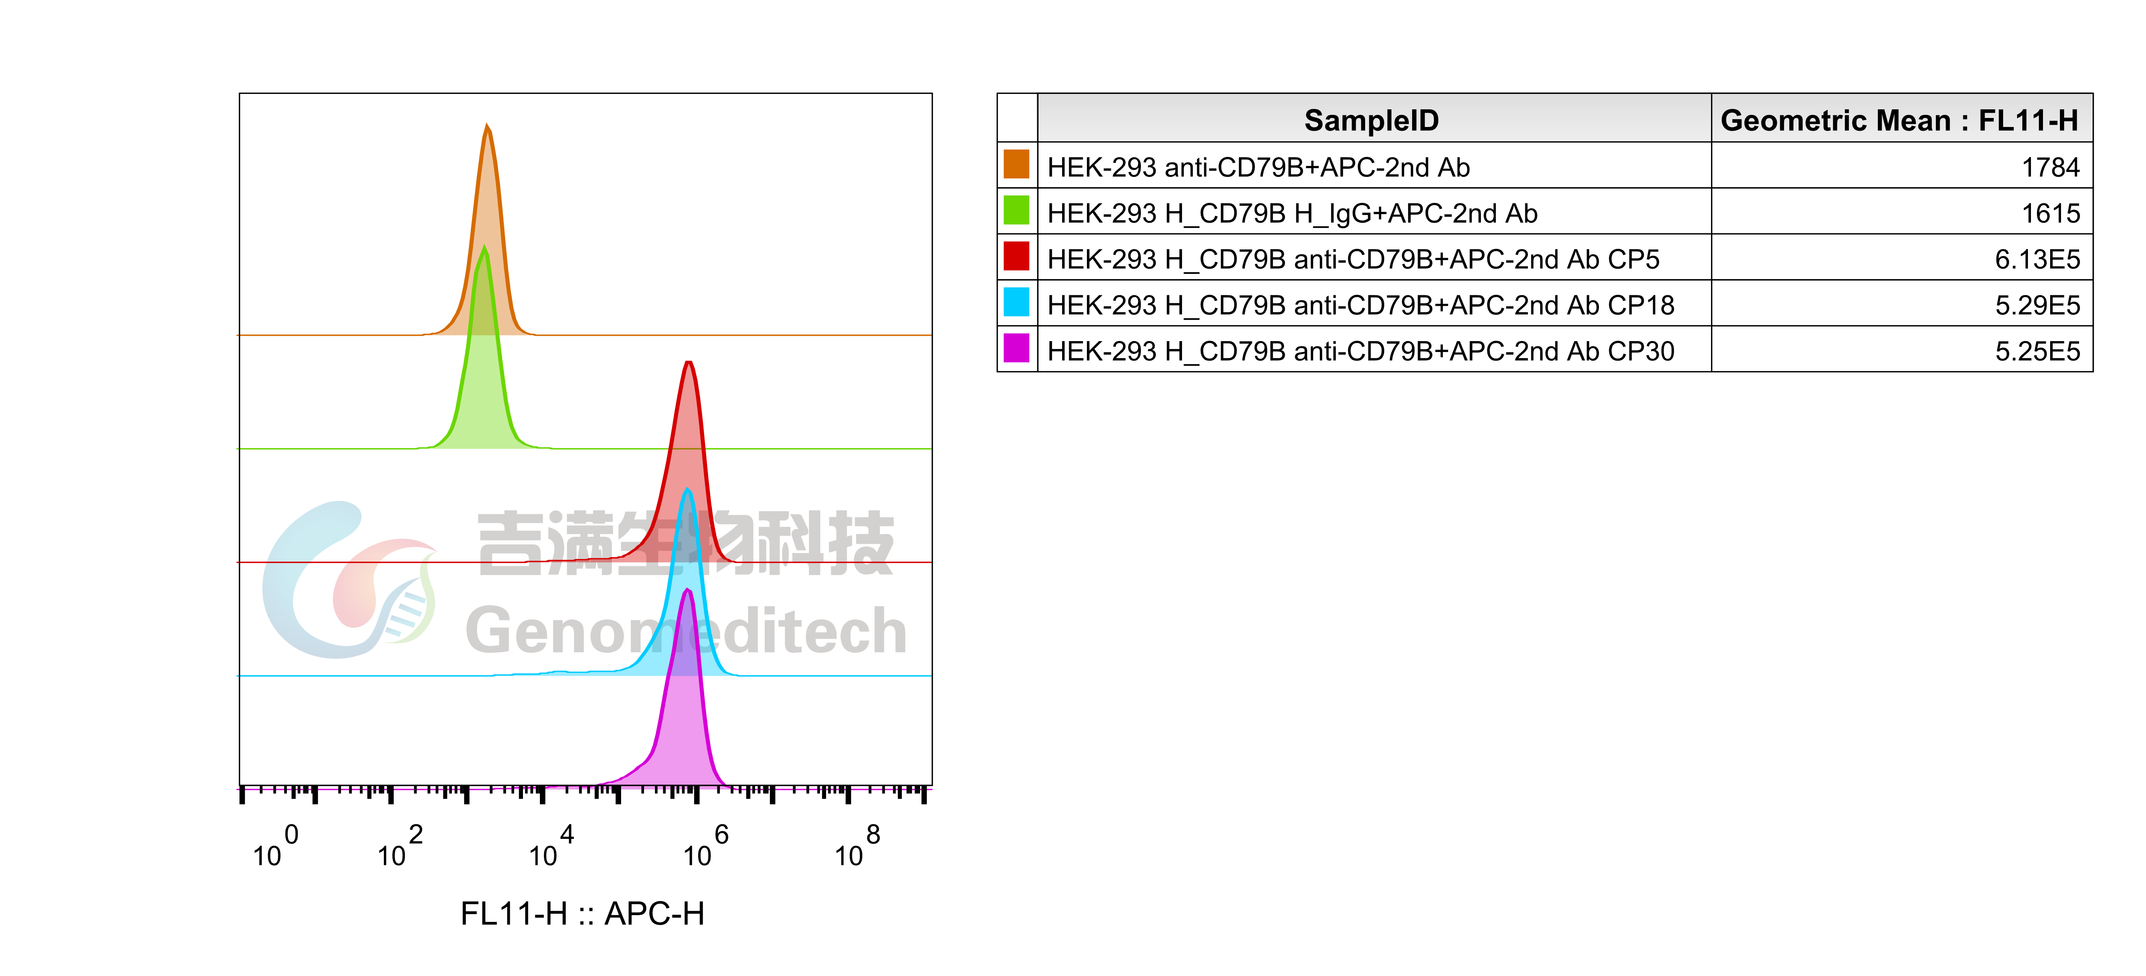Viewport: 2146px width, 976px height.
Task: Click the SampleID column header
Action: (1371, 120)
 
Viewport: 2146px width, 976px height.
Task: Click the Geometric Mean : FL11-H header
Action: (1899, 120)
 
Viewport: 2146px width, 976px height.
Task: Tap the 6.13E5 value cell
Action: (2037, 259)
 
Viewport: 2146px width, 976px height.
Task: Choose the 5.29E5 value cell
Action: (2037, 305)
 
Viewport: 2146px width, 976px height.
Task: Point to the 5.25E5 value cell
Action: (2037, 351)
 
